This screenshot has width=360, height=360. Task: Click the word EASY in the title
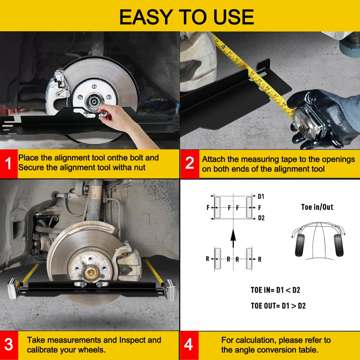(146, 17)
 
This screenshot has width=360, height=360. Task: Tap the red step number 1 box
(9, 164)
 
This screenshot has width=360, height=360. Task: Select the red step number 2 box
(190, 164)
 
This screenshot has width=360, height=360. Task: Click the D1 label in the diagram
(261, 196)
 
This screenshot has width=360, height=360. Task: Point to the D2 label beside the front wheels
(261, 218)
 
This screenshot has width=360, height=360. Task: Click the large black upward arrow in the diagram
(233, 238)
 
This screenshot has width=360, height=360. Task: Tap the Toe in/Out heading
(317, 207)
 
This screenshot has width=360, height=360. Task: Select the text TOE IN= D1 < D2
(275, 290)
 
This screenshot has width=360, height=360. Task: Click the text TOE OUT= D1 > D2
(278, 306)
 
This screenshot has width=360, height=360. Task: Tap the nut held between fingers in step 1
(103, 114)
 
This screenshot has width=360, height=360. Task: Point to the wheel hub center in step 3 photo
(91, 274)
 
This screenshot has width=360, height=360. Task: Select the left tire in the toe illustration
(300, 245)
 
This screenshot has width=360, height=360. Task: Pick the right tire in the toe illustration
(338, 245)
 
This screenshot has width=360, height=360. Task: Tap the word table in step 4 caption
(307, 349)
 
